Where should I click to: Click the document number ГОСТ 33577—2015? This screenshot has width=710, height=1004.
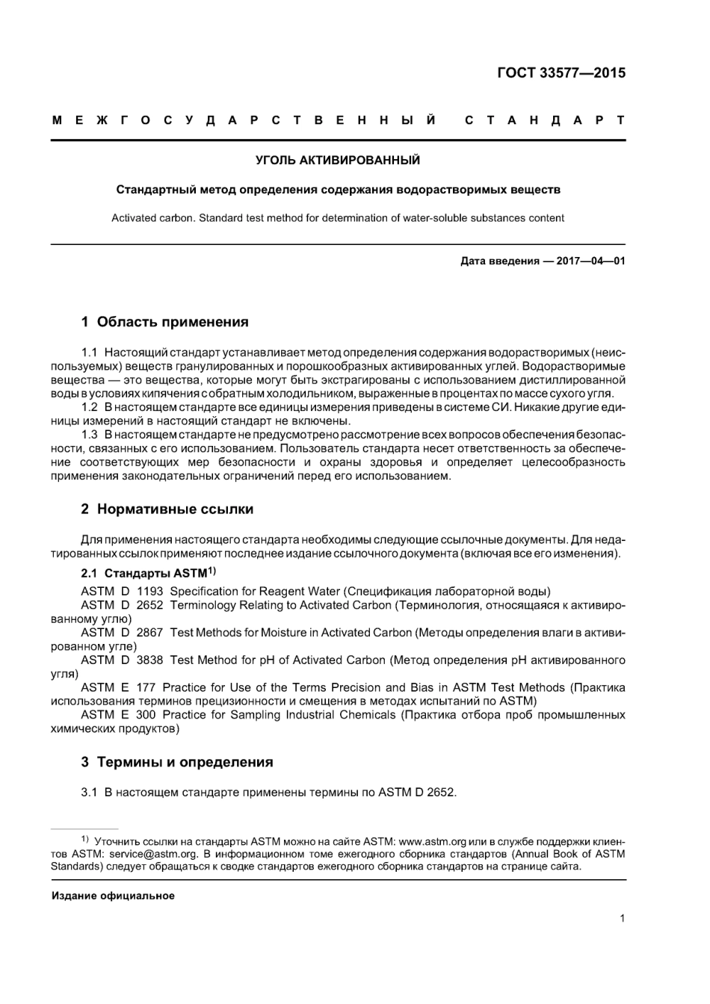pyautogui.click(x=561, y=72)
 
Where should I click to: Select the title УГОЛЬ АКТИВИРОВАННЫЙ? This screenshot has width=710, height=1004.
pyautogui.click(x=338, y=160)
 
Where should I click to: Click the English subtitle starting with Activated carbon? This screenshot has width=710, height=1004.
pyautogui.click(x=338, y=218)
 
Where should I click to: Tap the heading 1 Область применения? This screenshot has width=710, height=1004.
pyautogui.click(x=164, y=322)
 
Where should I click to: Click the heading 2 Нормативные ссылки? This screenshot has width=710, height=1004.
pyautogui.click(x=167, y=509)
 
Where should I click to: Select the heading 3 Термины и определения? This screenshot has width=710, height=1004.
pyautogui.click(x=177, y=762)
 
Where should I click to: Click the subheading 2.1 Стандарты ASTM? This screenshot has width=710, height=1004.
pyautogui.click(x=148, y=573)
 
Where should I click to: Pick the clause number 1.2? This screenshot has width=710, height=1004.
pyautogui.click(x=90, y=407)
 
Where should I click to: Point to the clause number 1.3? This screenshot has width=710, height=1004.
pyautogui.click(x=90, y=435)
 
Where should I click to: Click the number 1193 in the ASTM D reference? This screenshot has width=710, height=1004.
pyautogui.click(x=149, y=592)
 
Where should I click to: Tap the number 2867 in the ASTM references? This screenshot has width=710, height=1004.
pyautogui.click(x=149, y=633)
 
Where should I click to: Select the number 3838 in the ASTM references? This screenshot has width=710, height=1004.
pyautogui.click(x=149, y=660)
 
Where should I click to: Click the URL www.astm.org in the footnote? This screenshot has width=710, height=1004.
pyautogui.click(x=433, y=841)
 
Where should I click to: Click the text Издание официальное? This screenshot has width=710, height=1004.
pyautogui.click(x=113, y=896)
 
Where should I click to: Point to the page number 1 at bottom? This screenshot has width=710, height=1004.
pyautogui.click(x=622, y=919)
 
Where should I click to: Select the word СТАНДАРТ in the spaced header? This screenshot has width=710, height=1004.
pyautogui.click(x=545, y=120)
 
